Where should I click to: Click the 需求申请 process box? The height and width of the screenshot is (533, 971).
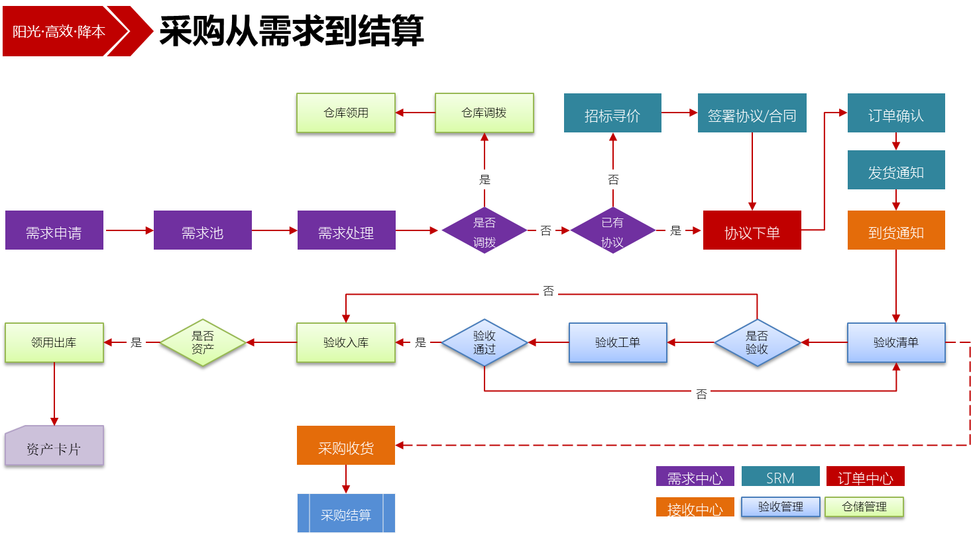tap(54, 230)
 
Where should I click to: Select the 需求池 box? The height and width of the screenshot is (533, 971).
tap(203, 230)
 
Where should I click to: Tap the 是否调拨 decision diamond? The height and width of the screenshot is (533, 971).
tap(485, 230)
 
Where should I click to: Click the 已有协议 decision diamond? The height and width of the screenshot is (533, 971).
tap(612, 230)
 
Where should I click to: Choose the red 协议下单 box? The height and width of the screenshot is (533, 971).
tap(752, 230)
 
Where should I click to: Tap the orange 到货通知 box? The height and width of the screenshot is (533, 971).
tap(896, 230)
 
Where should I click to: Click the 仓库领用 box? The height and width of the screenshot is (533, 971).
tap(346, 113)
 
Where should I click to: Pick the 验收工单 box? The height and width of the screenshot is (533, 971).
tap(618, 342)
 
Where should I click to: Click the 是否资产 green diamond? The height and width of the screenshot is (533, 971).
tap(203, 342)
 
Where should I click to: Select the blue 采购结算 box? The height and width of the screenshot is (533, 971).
tap(346, 513)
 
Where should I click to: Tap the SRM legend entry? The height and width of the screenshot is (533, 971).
tap(781, 477)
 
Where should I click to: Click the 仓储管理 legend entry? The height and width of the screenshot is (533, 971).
tap(864, 507)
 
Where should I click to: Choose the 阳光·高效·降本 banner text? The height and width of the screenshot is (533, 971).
tap(59, 31)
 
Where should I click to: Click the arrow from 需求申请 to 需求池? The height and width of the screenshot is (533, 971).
tap(129, 230)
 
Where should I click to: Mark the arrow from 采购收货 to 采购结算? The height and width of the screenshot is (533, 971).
tap(346, 479)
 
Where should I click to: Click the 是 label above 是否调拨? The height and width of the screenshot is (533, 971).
tap(485, 179)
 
